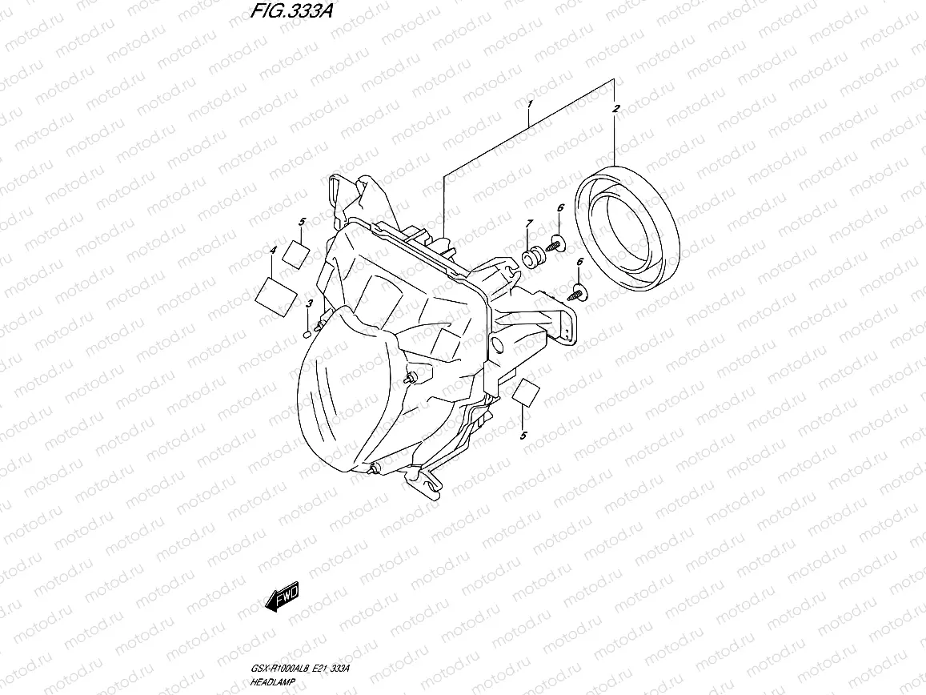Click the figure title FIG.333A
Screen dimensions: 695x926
[x=280, y=14]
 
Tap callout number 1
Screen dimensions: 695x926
[x=529, y=105]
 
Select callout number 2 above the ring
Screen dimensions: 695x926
[x=615, y=108]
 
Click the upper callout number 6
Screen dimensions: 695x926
[x=560, y=208]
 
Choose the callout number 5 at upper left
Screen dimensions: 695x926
[x=302, y=221]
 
